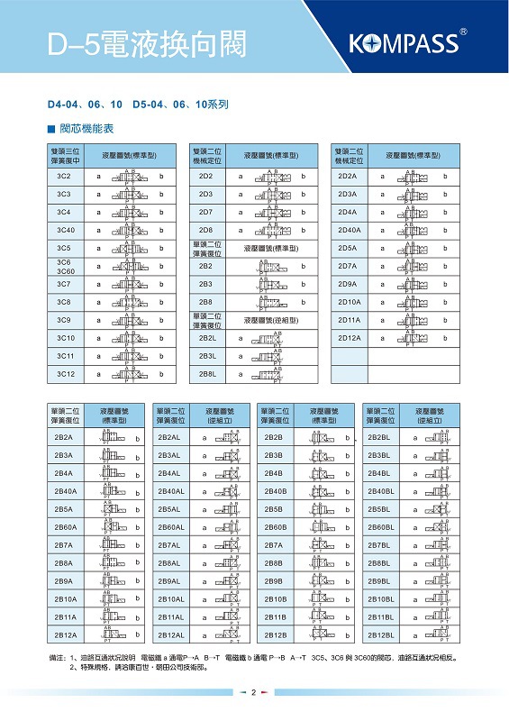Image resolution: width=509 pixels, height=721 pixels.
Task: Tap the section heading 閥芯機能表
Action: click(87, 129)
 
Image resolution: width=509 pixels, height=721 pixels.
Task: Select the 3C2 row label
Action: click(64, 176)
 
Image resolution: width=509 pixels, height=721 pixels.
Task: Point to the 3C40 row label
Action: click(64, 230)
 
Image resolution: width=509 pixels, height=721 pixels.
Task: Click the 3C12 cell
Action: click(64, 374)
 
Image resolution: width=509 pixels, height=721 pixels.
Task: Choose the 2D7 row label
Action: click(206, 212)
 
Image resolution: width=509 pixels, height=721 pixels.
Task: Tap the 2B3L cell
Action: click(206, 356)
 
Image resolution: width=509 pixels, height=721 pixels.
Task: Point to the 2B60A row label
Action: click(64, 527)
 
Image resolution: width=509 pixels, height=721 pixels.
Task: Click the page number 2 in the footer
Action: click(254, 692)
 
